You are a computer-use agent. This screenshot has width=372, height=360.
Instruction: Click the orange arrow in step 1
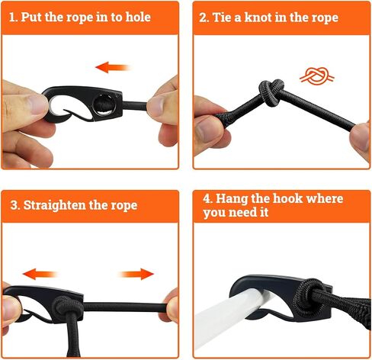click(x=113, y=67)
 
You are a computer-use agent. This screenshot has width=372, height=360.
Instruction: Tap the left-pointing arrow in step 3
click(x=40, y=274)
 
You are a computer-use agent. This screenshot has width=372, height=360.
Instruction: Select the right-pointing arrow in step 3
click(x=136, y=274)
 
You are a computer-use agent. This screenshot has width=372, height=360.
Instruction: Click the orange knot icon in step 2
click(x=317, y=76)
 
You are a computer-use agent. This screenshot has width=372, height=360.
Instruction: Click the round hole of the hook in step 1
click(x=104, y=105)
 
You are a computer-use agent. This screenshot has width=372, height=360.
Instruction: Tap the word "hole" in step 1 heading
click(x=138, y=17)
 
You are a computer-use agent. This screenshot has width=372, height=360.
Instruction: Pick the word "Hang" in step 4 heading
click(x=231, y=199)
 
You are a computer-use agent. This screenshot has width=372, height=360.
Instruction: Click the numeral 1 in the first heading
click(x=11, y=18)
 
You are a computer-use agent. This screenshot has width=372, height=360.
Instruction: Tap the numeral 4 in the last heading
click(x=207, y=198)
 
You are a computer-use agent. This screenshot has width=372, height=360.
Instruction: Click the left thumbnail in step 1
click(x=37, y=104)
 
